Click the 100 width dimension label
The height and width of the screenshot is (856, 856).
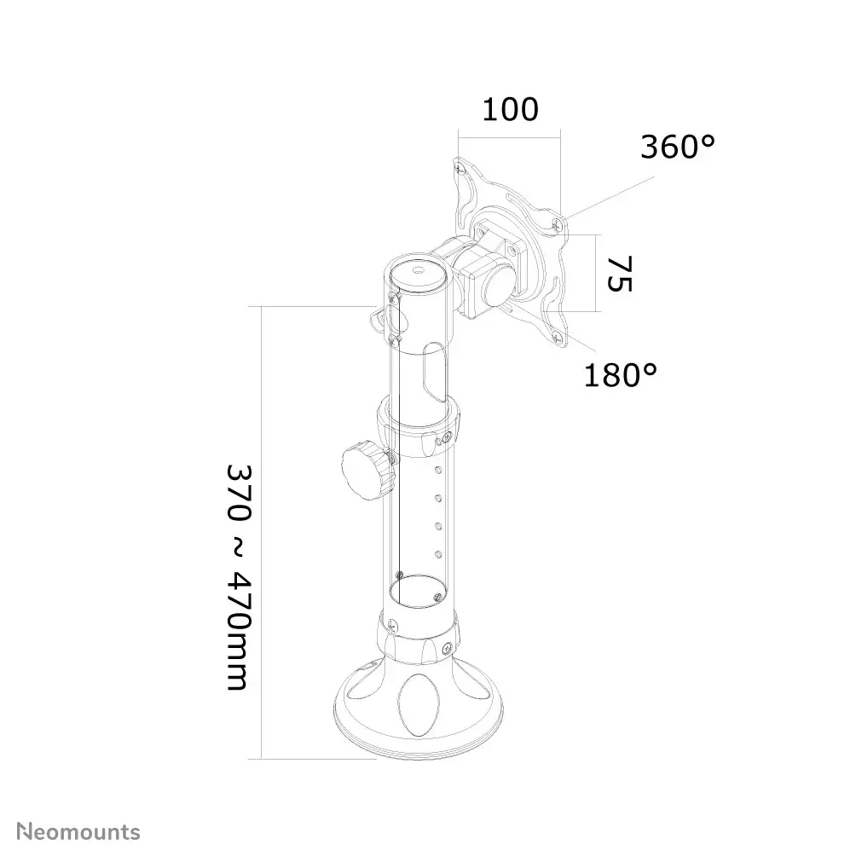coord(511,110)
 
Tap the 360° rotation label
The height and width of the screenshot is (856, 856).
coord(678,147)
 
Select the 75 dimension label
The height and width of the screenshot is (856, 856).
coord(620,273)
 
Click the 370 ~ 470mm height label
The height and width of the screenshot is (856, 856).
coord(239,577)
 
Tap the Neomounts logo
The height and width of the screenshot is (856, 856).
coord(78,832)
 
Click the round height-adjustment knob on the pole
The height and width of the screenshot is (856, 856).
coord(367,471)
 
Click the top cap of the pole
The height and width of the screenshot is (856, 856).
coord(419,270)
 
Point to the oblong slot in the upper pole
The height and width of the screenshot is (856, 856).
coord(434,373)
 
